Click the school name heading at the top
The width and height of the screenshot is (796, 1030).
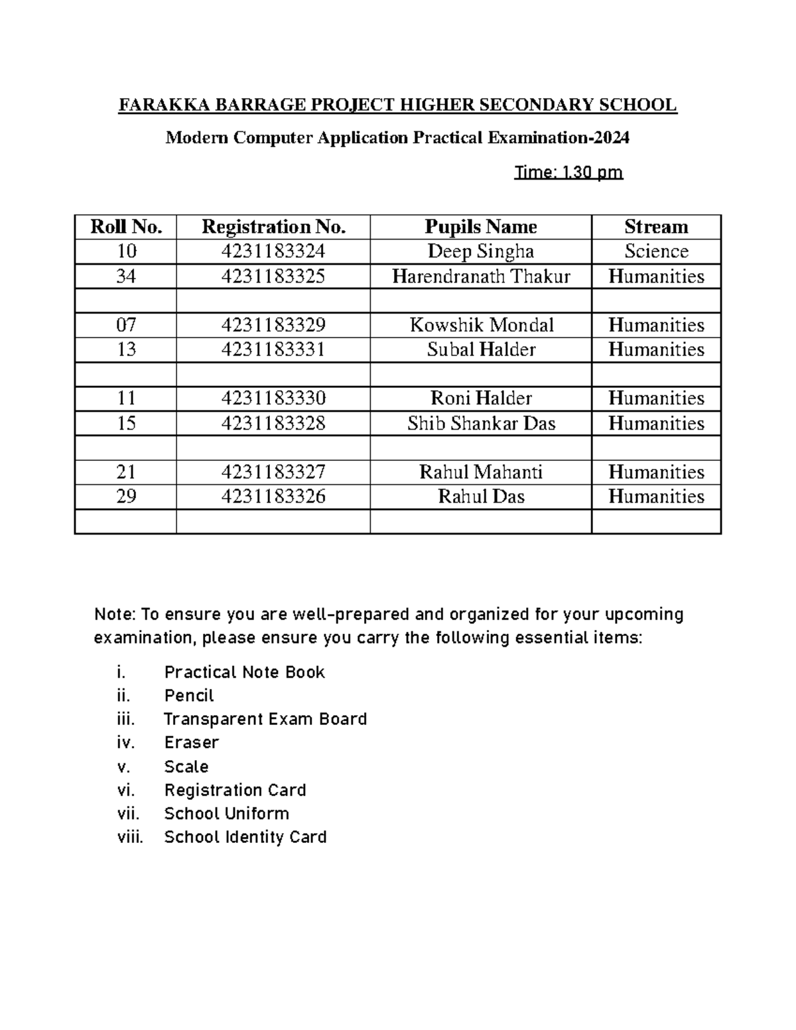397,105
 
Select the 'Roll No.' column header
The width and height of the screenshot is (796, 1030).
126,227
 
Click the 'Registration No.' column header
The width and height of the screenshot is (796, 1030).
273,227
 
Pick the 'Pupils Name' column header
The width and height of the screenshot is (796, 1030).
480,227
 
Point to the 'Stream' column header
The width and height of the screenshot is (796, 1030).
655,227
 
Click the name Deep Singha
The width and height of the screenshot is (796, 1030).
480,251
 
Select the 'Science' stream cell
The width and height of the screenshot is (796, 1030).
655,251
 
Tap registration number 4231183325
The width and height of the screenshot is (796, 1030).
273,276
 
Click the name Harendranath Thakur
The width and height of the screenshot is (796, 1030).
480,276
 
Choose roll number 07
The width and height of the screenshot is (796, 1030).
126,325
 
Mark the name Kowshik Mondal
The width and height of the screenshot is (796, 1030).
480,325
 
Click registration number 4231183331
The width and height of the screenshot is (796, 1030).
273,350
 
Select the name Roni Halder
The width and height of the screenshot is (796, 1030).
480,398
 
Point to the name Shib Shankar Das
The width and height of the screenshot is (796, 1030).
480,423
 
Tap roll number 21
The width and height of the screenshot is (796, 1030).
126,472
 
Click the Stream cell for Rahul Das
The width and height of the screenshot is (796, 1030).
655,496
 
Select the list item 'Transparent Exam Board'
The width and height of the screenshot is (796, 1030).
265,719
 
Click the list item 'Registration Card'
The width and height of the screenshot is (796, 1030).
235,790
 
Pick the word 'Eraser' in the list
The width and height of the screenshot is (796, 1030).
191,742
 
